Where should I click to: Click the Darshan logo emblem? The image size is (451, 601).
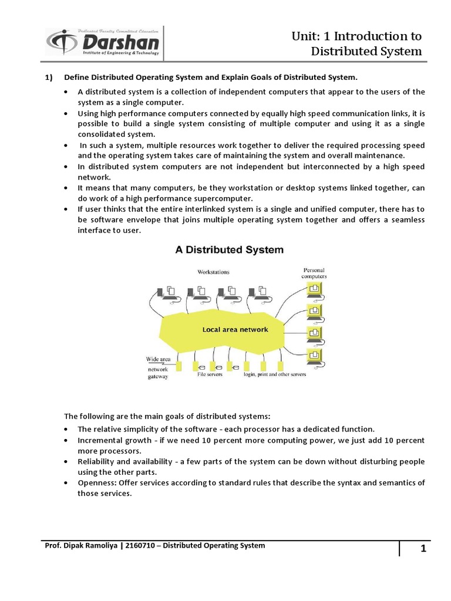click(61, 42)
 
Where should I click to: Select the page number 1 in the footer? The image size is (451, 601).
click(422, 549)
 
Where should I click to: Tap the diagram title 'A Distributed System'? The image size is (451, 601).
click(229, 249)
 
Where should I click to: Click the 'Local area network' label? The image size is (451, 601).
click(235, 329)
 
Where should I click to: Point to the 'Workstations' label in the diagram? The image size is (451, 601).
click(213, 272)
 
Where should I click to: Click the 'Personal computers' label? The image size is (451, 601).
click(314, 273)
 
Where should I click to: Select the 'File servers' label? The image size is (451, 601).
click(210, 374)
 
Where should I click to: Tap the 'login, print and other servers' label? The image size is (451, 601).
click(275, 374)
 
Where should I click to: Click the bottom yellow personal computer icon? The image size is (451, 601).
click(315, 356)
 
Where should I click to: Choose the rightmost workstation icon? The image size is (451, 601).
click(254, 292)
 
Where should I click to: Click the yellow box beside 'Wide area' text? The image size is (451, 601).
click(179, 366)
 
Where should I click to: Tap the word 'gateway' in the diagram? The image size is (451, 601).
click(157, 377)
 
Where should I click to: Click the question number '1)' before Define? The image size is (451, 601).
click(49, 77)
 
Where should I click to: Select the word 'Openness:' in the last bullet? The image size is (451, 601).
click(96, 483)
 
